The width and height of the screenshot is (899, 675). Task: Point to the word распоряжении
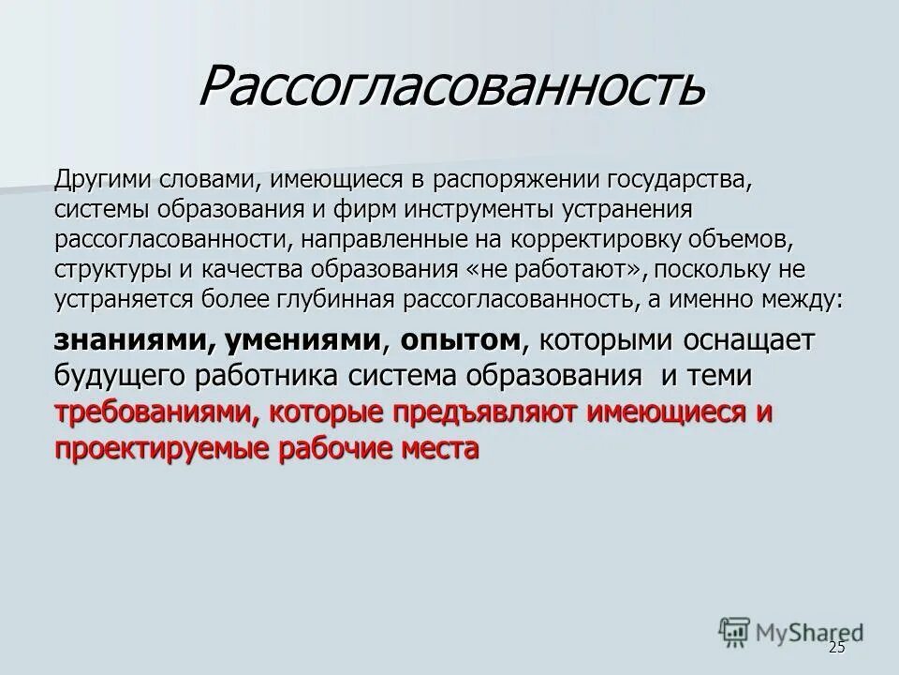click(x=518, y=179)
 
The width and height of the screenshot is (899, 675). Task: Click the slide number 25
click(x=836, y=649)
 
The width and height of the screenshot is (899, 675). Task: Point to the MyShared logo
click(x=791, y=630)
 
